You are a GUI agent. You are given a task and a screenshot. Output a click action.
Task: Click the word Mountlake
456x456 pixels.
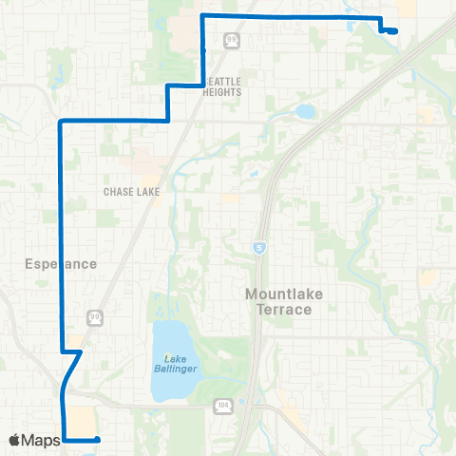click(284, 294)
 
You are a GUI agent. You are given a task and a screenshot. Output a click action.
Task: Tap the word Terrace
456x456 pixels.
click(284, 311)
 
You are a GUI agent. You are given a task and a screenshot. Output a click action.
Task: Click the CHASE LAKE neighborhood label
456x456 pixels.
click(131, 191)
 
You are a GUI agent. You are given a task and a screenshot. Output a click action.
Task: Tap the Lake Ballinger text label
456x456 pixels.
click(174, 364)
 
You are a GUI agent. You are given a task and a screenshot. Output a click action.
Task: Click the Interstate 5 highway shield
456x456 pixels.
click(258, 247)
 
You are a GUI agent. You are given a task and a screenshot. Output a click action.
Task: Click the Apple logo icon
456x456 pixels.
click(15, 440)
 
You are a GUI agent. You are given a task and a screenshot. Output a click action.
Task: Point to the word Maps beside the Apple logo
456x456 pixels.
click(42, 440)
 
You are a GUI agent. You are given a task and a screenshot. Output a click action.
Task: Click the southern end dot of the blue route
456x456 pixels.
click(97, 439)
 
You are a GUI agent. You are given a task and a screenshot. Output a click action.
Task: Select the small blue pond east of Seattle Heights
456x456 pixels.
click(304, 112)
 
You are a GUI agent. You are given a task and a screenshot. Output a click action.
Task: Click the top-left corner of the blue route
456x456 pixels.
click(201, 16)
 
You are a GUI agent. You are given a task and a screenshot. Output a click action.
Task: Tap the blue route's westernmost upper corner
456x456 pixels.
click(61, 123)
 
